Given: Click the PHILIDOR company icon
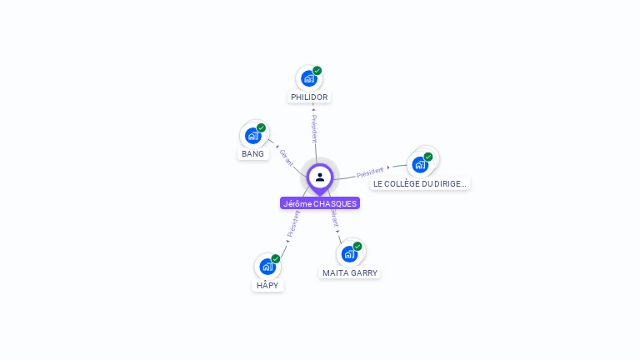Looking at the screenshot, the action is [x=309, y=78].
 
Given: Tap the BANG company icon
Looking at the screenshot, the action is [x=253, y=135].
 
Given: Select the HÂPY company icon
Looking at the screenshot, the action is [x=267, y=267].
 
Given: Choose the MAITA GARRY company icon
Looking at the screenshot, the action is [x=349, y=253].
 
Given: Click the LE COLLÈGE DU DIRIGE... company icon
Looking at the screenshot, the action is [x=420, y=164].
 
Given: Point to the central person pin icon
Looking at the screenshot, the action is [x=320, y=177].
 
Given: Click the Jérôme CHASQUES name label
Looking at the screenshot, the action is [x=320, y=203].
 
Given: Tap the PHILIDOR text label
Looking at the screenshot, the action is [x=309, y=97].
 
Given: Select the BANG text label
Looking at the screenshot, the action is [x=252, y=153].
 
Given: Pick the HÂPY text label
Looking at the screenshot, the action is [x=267, y=285].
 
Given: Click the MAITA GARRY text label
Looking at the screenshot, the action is [x=350, y=272].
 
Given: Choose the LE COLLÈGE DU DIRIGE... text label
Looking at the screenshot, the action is [x=420, y=183].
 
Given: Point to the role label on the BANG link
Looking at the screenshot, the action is [x=286, y=156].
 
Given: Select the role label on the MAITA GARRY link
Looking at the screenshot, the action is [x=335, y=218].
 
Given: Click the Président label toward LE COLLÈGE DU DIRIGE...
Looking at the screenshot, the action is [x=370, y=172].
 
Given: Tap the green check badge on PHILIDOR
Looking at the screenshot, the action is [x=317, y=71].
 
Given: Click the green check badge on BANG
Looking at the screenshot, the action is [x=262, y=127].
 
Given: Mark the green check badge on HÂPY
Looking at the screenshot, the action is [x=276, y=259].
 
